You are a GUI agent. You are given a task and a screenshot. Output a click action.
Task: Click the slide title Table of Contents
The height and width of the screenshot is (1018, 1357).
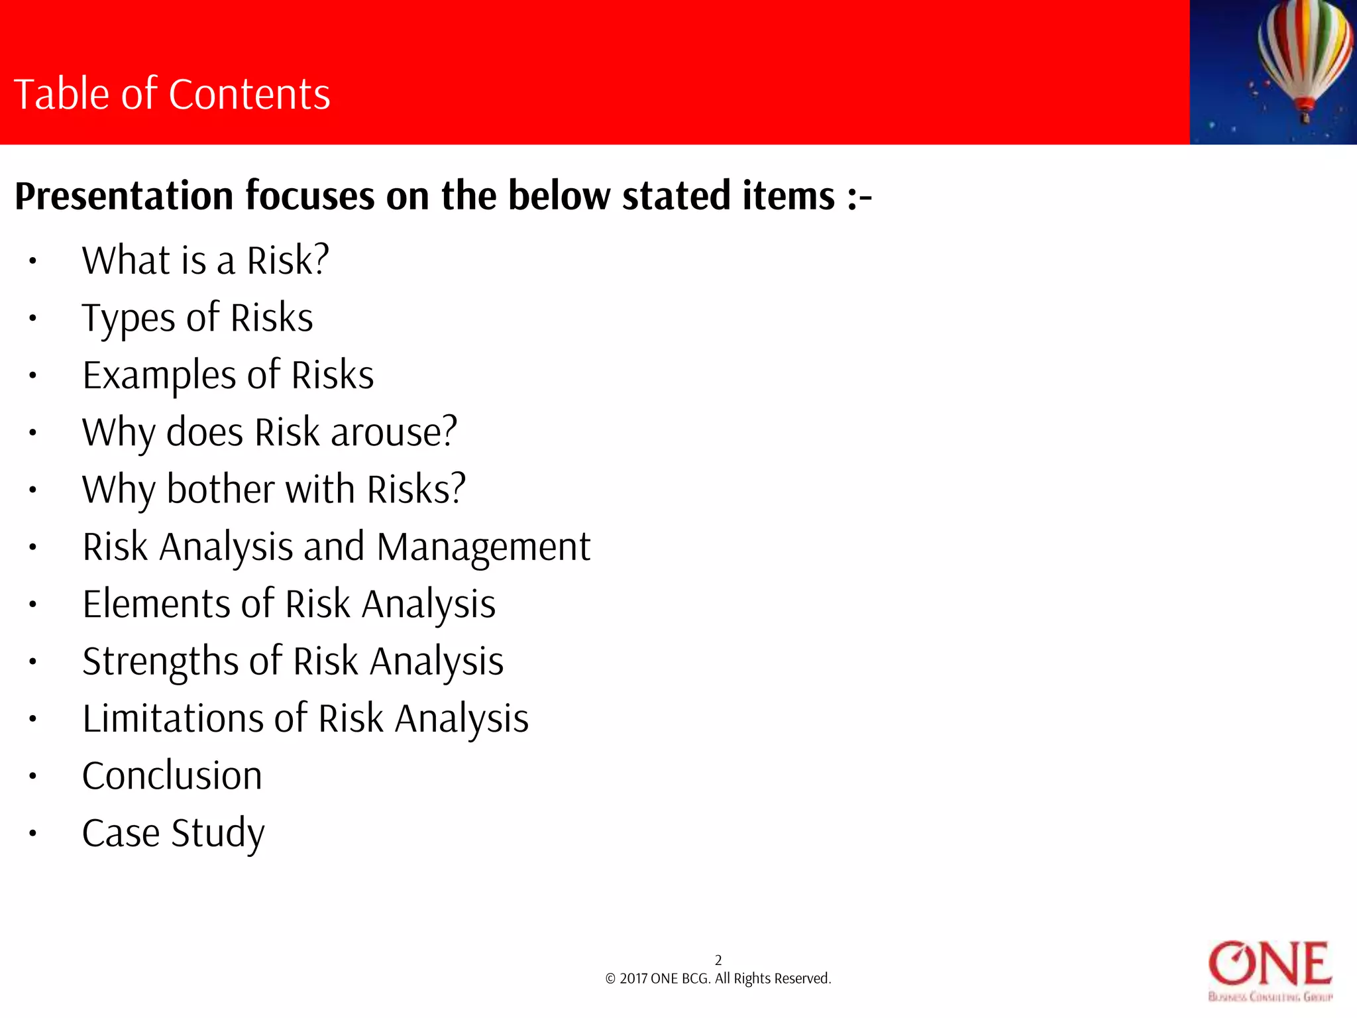point(172,94)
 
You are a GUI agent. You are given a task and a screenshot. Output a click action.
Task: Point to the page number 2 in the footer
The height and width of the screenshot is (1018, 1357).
point(718,960)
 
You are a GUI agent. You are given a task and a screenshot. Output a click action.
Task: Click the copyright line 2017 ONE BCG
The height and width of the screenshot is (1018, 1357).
point(718,979)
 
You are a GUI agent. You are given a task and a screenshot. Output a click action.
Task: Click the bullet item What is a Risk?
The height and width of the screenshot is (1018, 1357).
point(205,260)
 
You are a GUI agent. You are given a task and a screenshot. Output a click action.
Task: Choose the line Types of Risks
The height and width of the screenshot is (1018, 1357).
point(197,317)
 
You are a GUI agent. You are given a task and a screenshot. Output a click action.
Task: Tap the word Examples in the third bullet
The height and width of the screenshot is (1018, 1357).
point(159,375)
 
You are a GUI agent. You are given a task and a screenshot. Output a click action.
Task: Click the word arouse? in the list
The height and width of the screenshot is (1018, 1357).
point(394,432)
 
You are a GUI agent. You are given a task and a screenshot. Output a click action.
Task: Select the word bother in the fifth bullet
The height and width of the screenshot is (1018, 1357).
point(220,489)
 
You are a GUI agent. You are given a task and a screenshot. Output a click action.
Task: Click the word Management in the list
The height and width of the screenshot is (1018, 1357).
point(483,547)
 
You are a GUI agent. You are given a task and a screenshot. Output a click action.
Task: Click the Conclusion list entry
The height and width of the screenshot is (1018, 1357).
point(172,776)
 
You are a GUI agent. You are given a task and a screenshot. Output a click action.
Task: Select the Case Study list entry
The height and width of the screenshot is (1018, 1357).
point(173,833)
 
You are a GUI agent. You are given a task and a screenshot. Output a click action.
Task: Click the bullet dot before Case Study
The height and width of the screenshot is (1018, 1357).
point(32,833)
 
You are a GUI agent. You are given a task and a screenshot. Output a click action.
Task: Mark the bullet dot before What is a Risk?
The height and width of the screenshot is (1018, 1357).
point(32,261)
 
